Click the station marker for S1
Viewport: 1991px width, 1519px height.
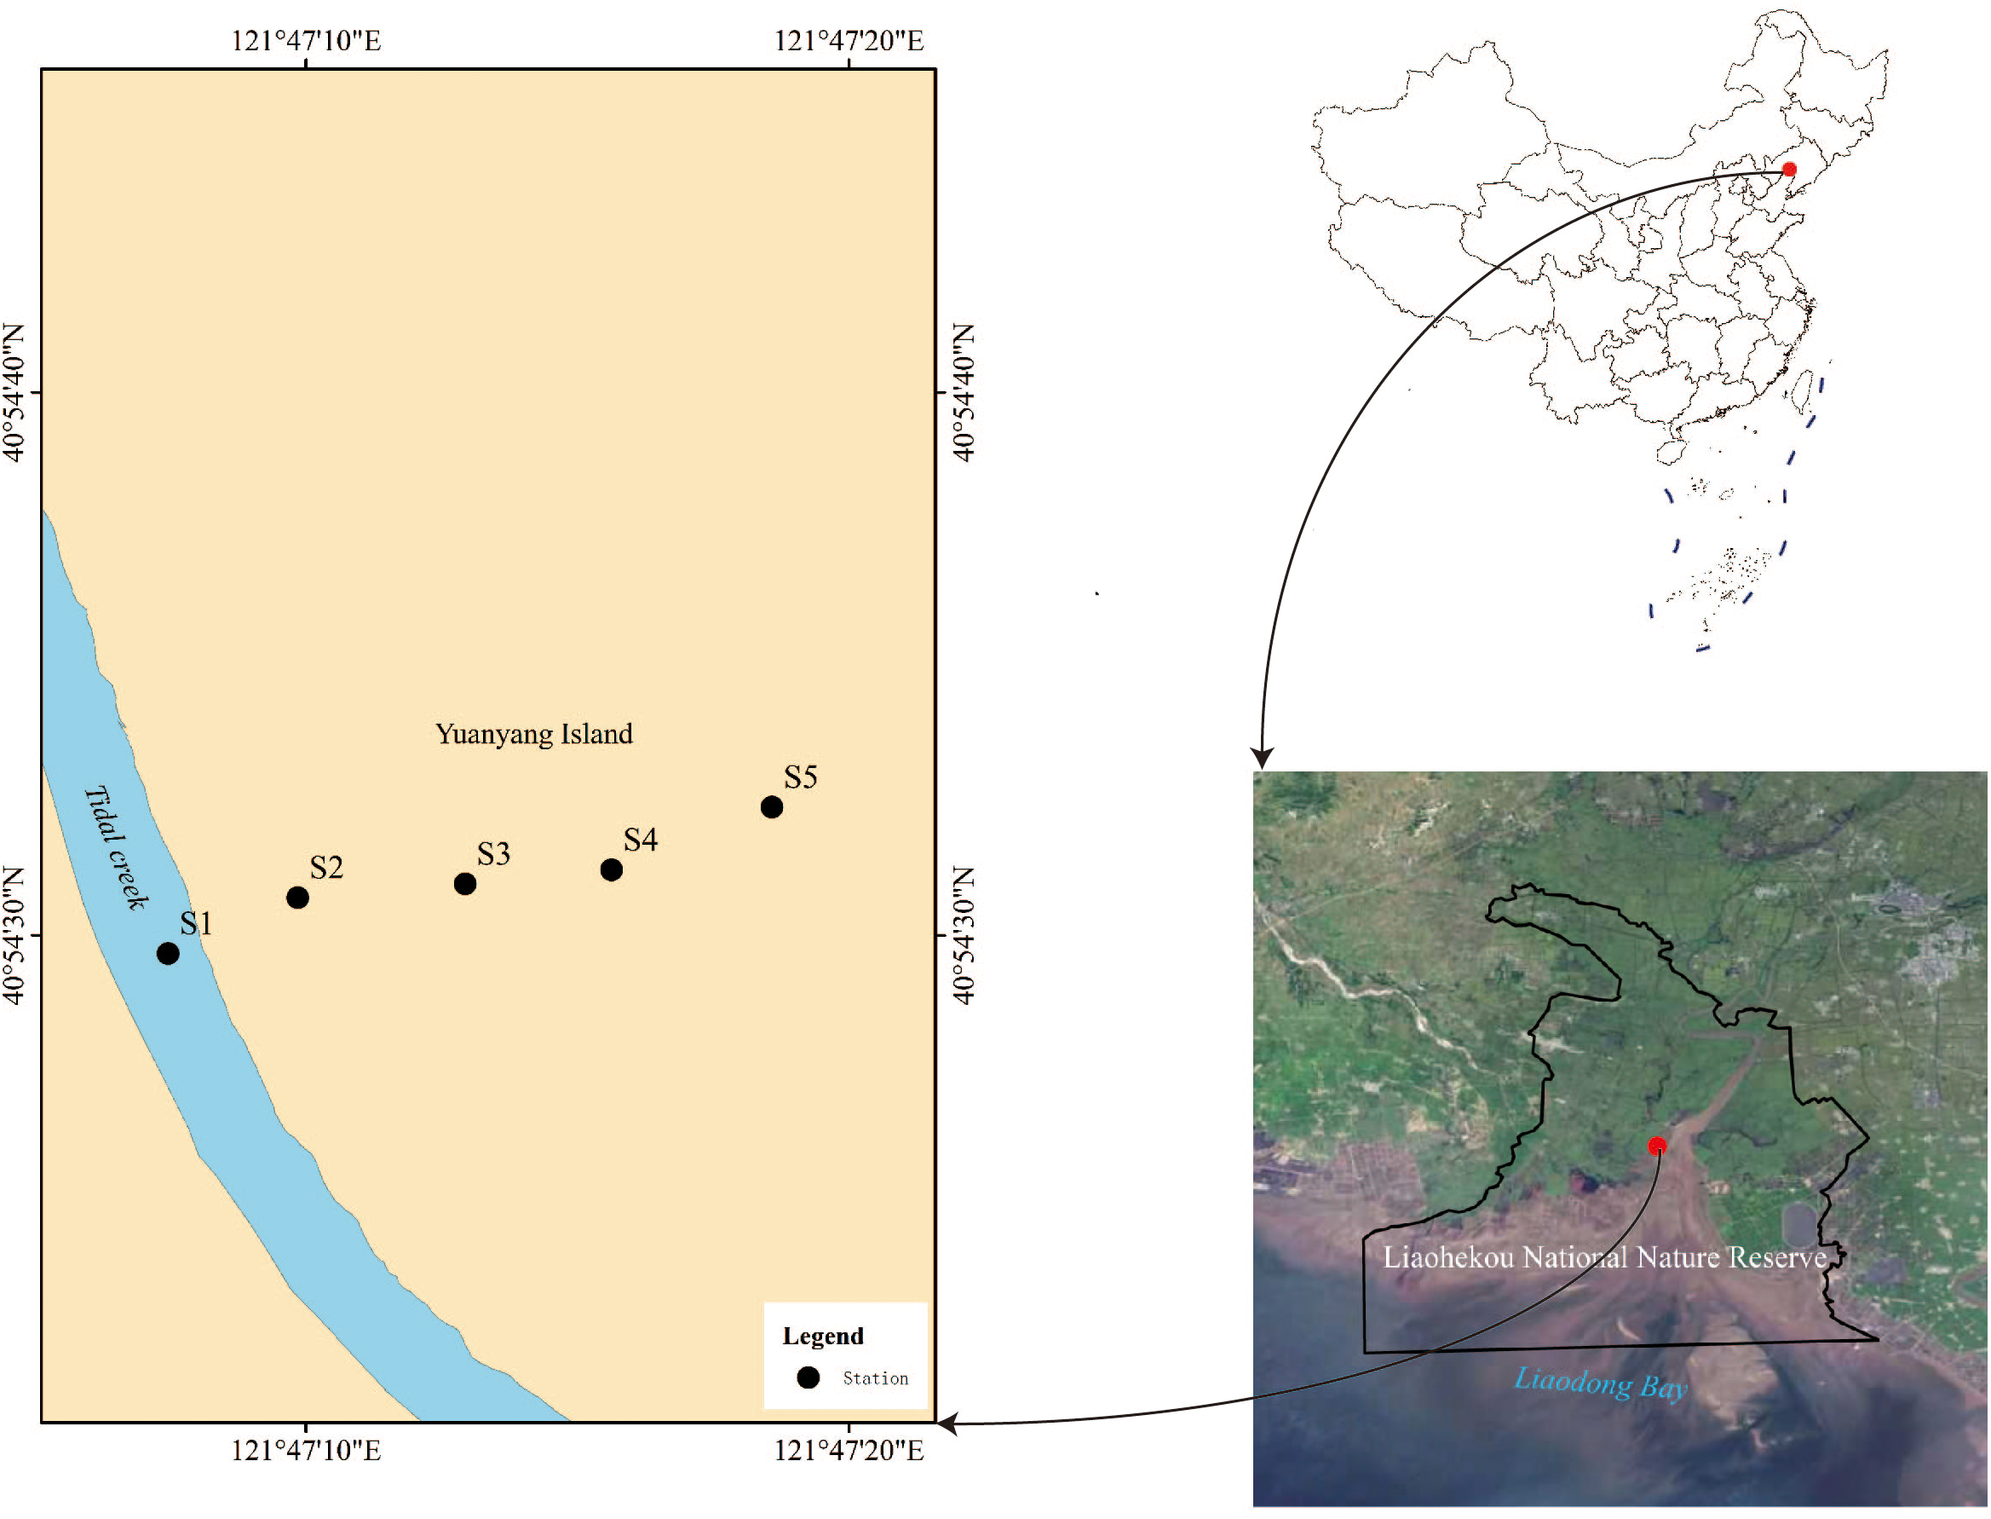(x=167, y=953)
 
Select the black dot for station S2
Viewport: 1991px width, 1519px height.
(x=297, y=897)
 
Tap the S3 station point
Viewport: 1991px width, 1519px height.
(x=464, y=883)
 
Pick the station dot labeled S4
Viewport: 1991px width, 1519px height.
(x=611, y=869)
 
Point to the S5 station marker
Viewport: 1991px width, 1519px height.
(x=771, y=806)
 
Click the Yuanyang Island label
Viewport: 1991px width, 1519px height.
(x=533, y=733)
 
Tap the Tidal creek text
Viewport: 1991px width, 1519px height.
(x=117, y=846)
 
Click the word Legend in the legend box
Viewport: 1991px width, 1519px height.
(x=822, y=1337)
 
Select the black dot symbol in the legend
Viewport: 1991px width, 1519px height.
(x=808, y=1377)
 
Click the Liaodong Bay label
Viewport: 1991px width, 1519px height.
(x=1601, y=1383)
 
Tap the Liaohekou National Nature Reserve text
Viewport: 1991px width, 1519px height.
(x=1604, y=1257)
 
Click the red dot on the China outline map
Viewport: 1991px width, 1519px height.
(x=1788, y=169)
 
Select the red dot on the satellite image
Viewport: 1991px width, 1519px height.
(x=1656, y=1146)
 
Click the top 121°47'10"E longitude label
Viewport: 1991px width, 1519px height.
(x=306, y=41)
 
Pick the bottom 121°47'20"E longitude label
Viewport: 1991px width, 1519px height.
(x=849, y=1451)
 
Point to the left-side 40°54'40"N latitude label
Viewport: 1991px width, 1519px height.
(x=14, y=392)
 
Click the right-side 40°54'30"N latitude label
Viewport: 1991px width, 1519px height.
(x=964, y=935)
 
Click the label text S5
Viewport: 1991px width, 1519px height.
(x=800, y=777)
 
